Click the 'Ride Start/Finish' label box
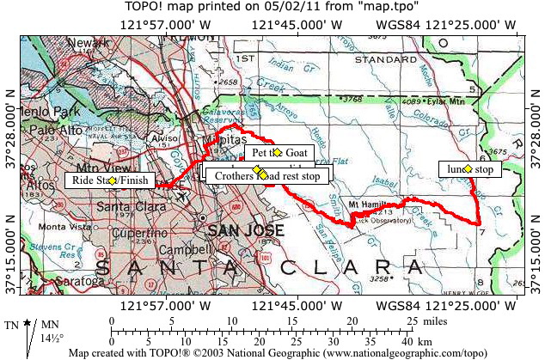click(x=111, y=180)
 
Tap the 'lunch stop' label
click(x=469, y=169)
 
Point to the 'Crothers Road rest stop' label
click(x=266, y=175)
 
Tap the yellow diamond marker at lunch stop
click(x=468, y=169)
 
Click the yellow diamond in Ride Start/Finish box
click(x=112, y=180)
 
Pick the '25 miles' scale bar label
click(x=426, y=320)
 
